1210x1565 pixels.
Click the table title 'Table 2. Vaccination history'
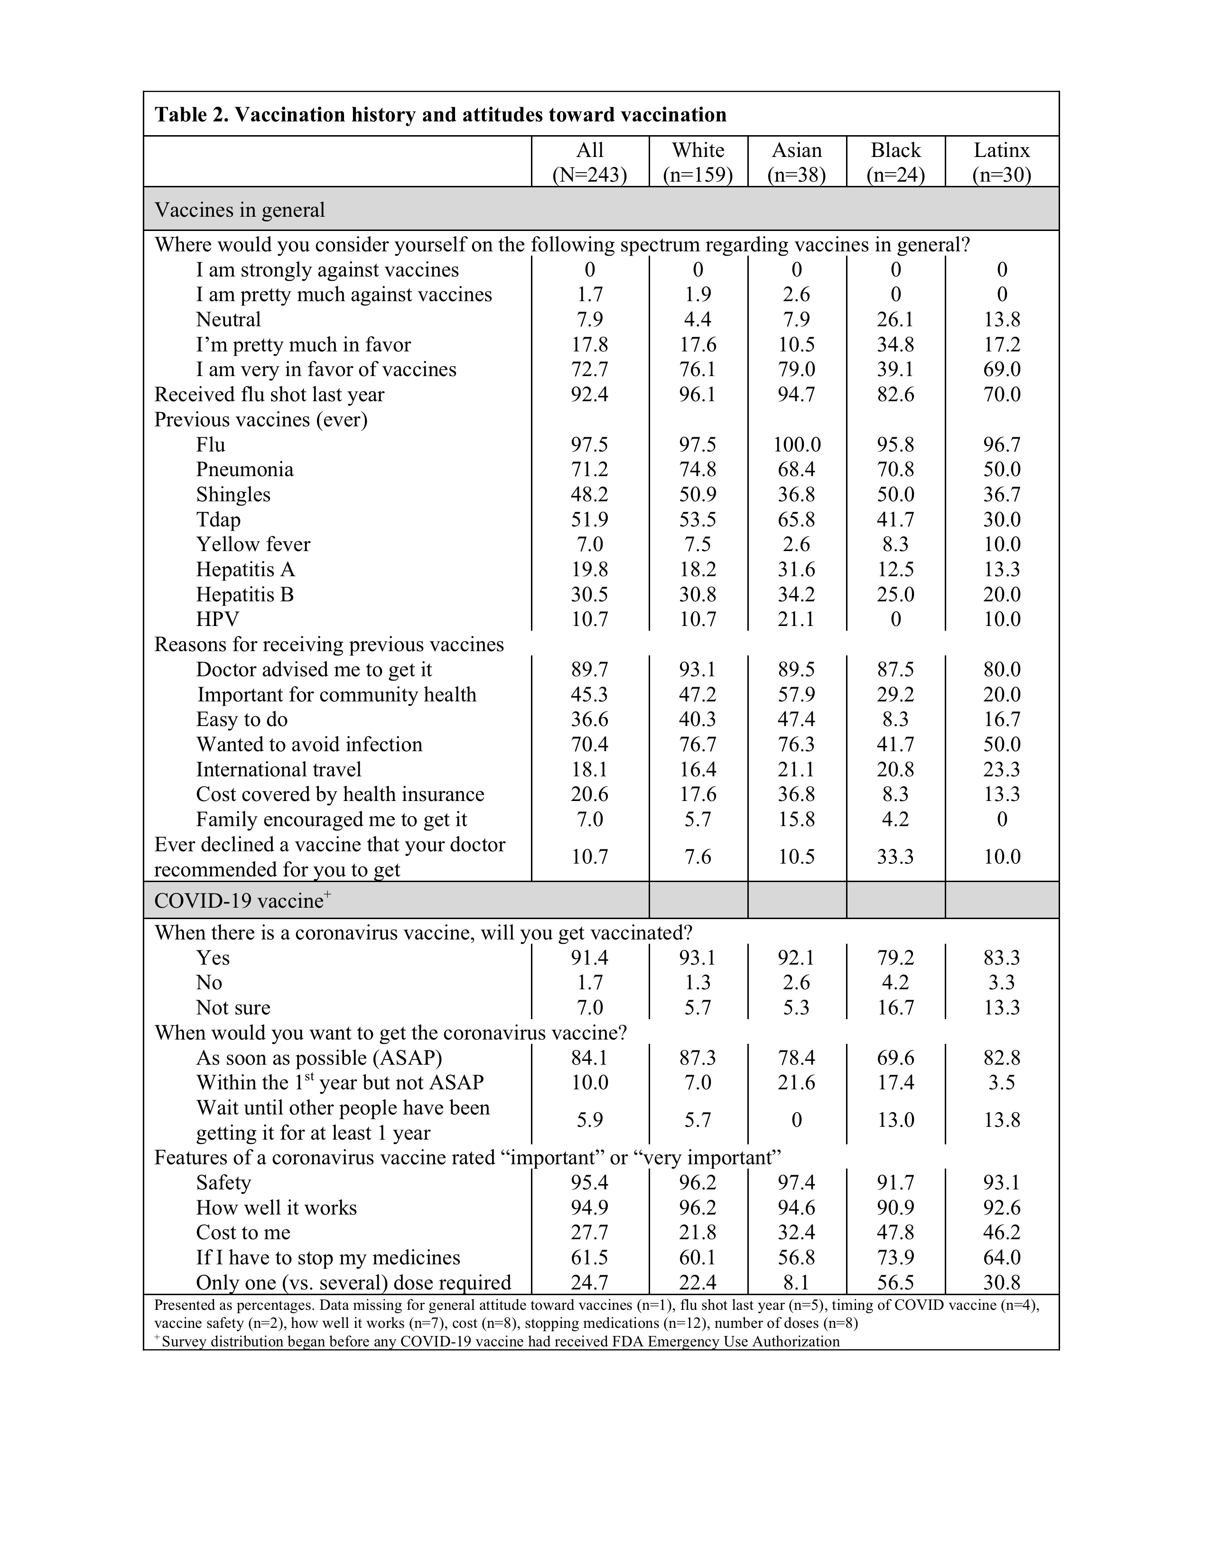tap(441, 115)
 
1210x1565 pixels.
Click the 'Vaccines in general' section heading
tap(240, 210)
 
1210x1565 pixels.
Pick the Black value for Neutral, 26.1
tap(895, 320)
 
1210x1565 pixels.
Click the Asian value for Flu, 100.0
tap(796, 445)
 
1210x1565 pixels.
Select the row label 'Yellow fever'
tap(253, 544)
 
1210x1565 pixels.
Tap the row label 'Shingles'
tap(233, 495)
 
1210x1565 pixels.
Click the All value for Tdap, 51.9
tap(589, 519)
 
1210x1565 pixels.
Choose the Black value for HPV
tap(895, 619)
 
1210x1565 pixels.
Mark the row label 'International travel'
tap(279, 770)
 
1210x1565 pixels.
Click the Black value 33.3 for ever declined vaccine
tap(895, 857)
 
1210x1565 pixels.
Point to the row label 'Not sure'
tap(233, 1007)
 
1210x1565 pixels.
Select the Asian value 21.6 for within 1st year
tap(796, 1082)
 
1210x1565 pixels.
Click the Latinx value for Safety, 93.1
tap(1001, 1182)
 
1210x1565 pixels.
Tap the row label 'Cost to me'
tap(243, 1233)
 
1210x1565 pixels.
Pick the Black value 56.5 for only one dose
tap(895, 1283)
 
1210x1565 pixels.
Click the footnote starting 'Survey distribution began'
tap(500, 1342)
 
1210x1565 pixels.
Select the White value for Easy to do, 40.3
tap(698, 719)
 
